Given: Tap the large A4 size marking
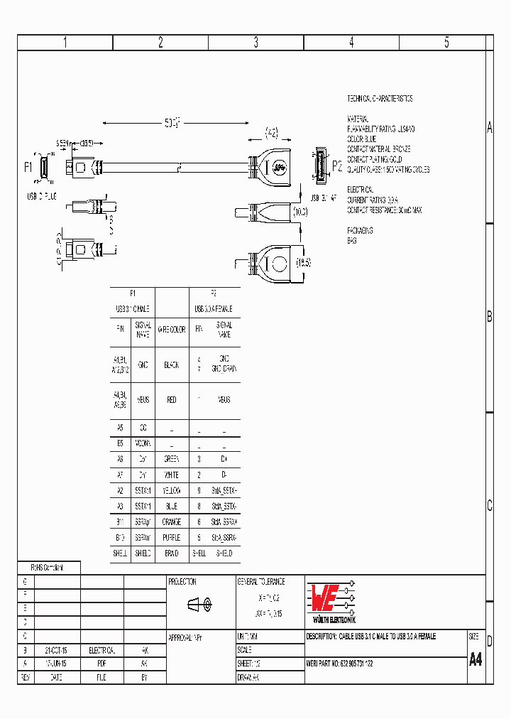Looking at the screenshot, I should click(476, 659).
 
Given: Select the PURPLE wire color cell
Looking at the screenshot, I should click(171, 537).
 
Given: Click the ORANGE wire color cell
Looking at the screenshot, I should click(171, 521).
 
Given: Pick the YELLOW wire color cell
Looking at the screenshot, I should click(171, 491).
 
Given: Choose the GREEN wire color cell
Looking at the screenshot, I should click(171, 460).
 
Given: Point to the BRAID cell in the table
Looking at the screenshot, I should click(171, 553).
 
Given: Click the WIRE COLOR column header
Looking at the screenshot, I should click(171, 330).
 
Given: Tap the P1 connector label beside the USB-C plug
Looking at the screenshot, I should click(28, 167).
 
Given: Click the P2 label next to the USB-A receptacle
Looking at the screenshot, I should click(336, 167).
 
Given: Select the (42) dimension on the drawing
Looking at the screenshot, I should click(272, 131).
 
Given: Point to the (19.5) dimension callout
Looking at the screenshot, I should click(303, 263).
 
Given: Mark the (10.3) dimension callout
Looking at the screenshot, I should click(300, 212).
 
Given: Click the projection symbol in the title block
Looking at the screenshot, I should click(199, 605).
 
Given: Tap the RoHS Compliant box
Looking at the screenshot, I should click(48, 568).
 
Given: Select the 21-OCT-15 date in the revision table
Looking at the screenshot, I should click(56, 650).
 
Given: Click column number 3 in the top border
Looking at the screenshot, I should click(256, 43).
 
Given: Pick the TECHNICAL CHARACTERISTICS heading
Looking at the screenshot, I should click(380, 99).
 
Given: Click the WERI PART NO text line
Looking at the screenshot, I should click(339, 664).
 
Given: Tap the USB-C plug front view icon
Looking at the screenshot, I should click(43, 168).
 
